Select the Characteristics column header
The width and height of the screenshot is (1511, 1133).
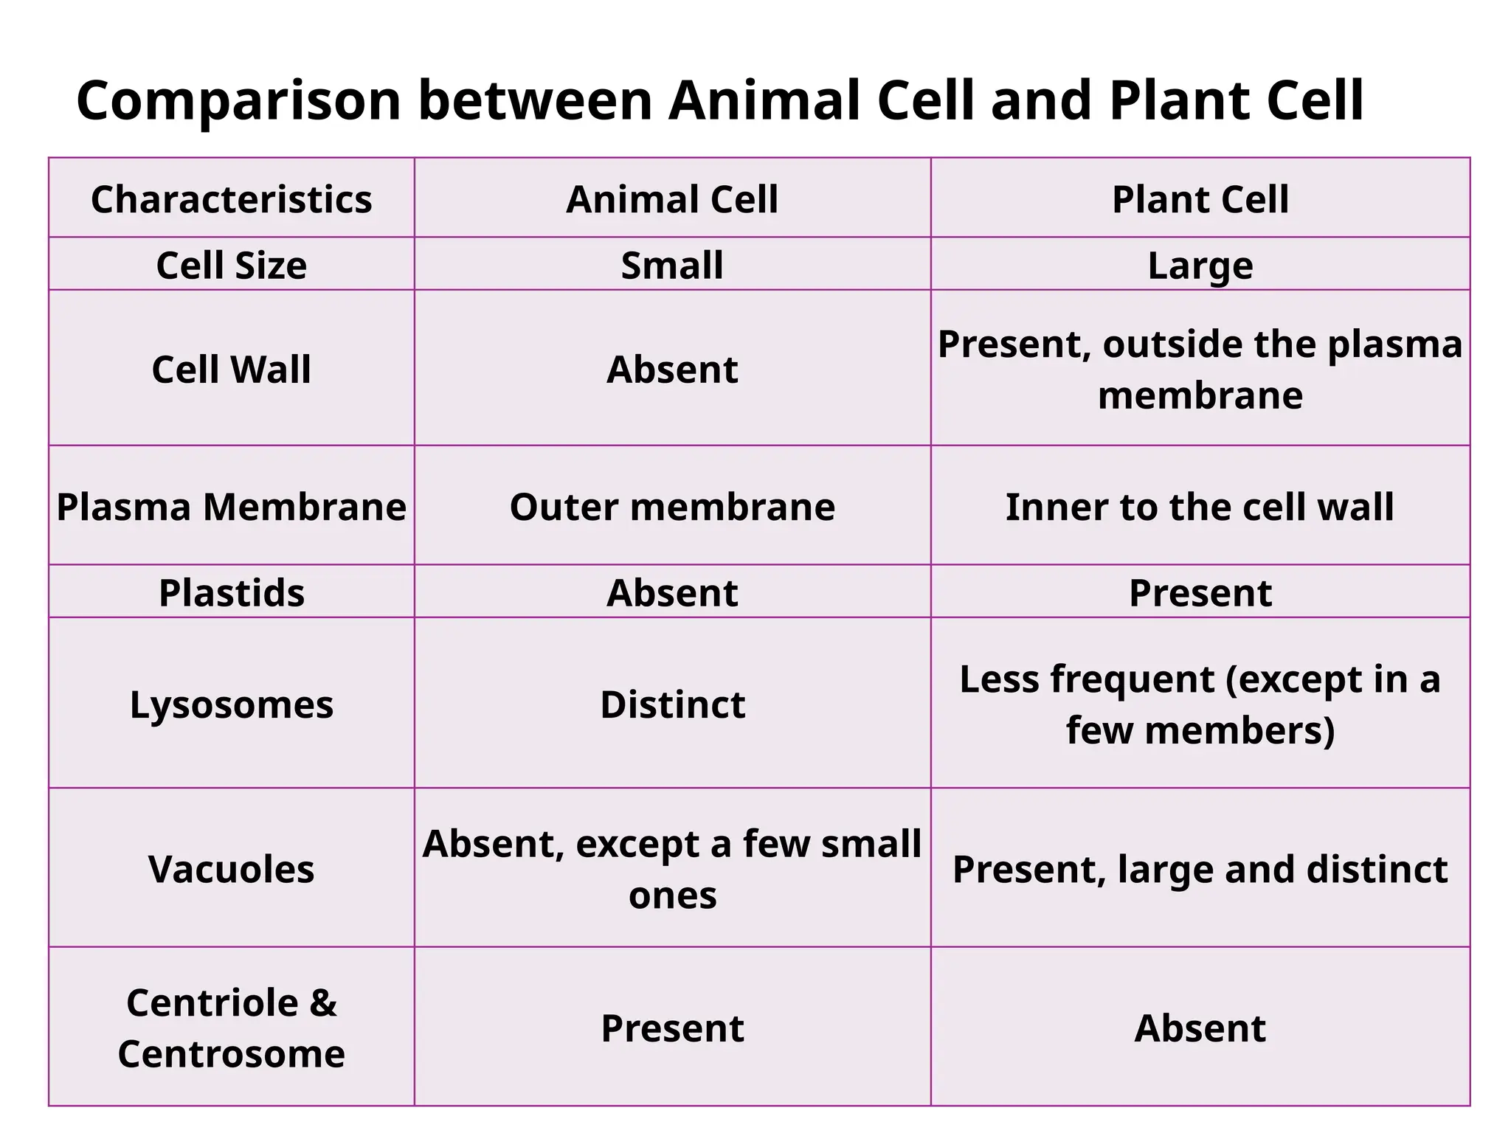coord(231,199)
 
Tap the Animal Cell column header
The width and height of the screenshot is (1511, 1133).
coord(672,199)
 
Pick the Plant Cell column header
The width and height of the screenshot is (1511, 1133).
coord(1200,199)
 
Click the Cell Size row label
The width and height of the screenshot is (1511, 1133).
coord(231,265)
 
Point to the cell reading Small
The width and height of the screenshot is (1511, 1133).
coord(672,265)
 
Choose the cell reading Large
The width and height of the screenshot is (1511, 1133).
coord(1200,265)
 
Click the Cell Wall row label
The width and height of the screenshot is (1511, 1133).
coord(231,369)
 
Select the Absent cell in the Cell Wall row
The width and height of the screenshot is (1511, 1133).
coord(672,369)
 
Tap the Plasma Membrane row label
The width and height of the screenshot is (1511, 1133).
coord(231,507)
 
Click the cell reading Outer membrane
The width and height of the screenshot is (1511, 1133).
coord(672,507)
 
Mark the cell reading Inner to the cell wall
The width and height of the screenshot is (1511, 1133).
coord(1200,507)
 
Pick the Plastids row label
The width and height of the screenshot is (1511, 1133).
coord(231,592)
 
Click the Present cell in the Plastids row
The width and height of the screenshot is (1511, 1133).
coord(1200,592)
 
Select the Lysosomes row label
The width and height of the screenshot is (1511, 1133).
coord(231,704)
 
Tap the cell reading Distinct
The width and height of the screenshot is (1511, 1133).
coord(672,704)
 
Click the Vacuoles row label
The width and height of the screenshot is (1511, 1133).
coord(231,869)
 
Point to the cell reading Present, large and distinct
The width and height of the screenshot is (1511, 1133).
coord(1200,869)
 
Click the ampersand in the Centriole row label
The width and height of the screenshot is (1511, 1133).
coord(323,1002)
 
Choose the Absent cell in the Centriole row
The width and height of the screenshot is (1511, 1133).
coord(1200,1028)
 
